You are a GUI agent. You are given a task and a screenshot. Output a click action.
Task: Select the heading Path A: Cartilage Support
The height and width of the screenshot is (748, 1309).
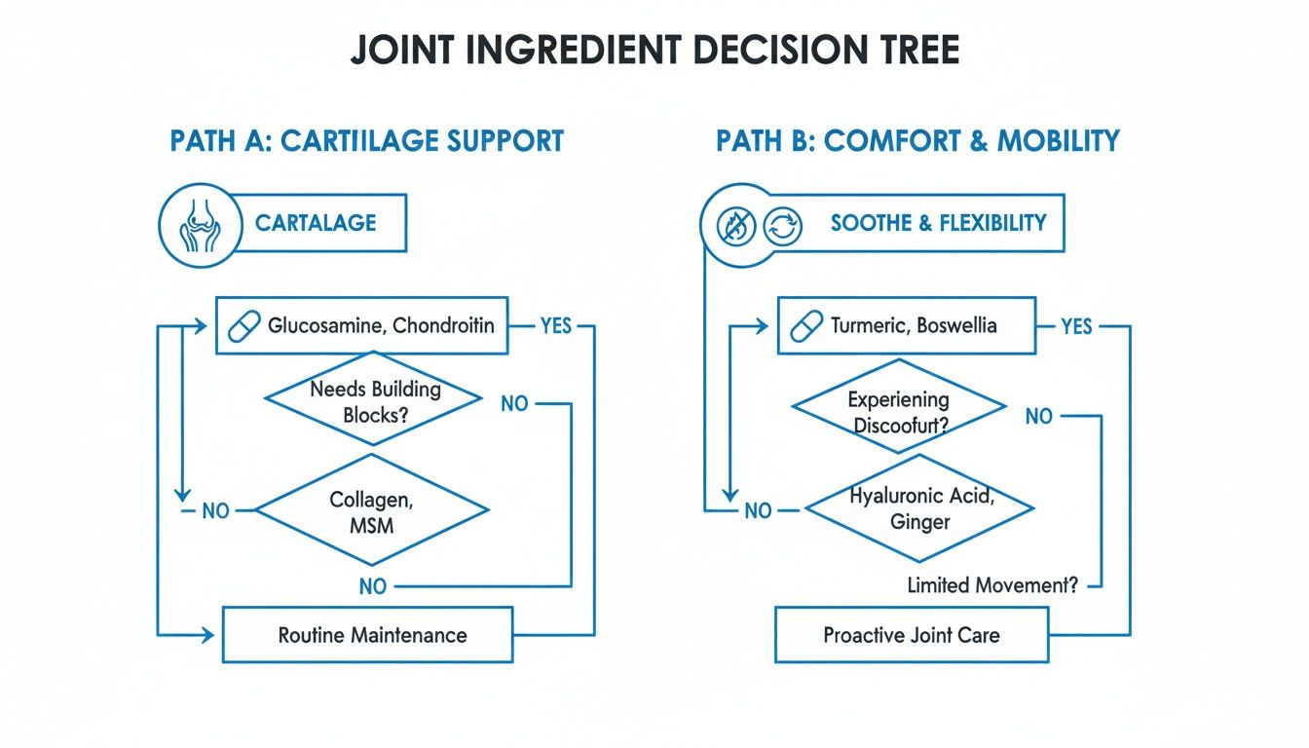click(366, 140)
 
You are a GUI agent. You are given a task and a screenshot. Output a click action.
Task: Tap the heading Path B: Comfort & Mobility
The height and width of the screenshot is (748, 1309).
click(917, 140)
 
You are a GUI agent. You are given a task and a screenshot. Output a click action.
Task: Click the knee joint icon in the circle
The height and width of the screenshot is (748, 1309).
click(200, 224)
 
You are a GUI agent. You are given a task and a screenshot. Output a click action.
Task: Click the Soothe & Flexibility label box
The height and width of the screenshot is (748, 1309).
click(937, 223)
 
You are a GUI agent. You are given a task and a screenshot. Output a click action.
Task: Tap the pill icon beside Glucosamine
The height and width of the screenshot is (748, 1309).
click(243, 325)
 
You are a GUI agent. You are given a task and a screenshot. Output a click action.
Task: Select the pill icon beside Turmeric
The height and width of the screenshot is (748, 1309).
click(805, 326)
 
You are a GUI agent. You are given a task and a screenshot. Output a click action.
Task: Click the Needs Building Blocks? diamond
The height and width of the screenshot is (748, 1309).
click(374, 401)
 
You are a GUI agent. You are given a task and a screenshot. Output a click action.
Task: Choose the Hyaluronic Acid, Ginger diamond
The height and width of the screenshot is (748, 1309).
click(919, 508)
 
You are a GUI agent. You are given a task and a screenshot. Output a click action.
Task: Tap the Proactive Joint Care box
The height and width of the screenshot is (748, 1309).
click(911, 635)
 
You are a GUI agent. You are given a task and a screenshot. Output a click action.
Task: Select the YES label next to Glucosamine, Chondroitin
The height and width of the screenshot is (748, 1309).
click(555, 325)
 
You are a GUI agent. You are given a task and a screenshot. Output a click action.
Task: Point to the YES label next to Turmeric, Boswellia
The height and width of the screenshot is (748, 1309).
click(1076, 326)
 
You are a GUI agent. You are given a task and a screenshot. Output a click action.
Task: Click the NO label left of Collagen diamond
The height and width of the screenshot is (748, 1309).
click(214, 509)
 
